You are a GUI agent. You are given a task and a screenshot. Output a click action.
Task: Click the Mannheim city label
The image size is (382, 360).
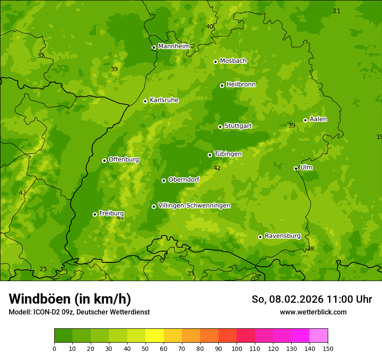[x=174, y=46]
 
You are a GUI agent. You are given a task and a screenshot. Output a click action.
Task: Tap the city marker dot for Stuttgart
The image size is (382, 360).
[x=220, y=127]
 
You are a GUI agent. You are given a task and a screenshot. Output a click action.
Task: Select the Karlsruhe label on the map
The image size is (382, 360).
[x=164, y=100]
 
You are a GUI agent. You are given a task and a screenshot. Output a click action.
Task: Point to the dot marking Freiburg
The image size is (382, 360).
[x=95, y=214]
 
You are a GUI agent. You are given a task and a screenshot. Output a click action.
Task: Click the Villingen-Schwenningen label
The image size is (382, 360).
[x=194, y=206]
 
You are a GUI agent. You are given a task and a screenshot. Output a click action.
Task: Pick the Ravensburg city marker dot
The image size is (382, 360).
[x=260, y=237]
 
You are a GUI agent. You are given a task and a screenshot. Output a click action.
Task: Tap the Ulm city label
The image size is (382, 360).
[x=306, y=167]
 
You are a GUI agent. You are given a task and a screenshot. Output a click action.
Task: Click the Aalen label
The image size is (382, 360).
[x=318, y=119]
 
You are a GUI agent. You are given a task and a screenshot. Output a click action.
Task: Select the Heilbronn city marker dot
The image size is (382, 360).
[x=222, y=85]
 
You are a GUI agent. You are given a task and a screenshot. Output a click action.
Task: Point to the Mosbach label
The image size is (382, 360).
[x=233, y=61]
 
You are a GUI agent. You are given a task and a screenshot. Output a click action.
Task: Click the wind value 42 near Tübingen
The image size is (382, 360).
[x=217, y=168]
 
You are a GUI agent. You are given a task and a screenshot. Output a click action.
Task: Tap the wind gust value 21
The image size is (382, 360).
[x=336, y=11]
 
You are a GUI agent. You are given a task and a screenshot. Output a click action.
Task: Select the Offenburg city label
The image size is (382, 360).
[x=124, y=160]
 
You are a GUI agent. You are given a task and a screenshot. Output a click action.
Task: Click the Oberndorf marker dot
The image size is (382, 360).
[x=164, y=180]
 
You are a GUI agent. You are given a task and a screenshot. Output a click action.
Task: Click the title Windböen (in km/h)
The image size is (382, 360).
[x=70, y=299]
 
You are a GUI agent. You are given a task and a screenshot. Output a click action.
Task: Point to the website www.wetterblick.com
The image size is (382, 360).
[x=313, y=312]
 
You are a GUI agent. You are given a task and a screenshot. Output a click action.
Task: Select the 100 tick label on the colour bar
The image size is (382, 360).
[x=237, y=348]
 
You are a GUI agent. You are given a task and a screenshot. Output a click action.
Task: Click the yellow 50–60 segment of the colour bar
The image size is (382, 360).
[x=155, y=336]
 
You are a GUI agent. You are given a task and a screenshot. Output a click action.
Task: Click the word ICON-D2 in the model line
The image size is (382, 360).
[x=46, y=312]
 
